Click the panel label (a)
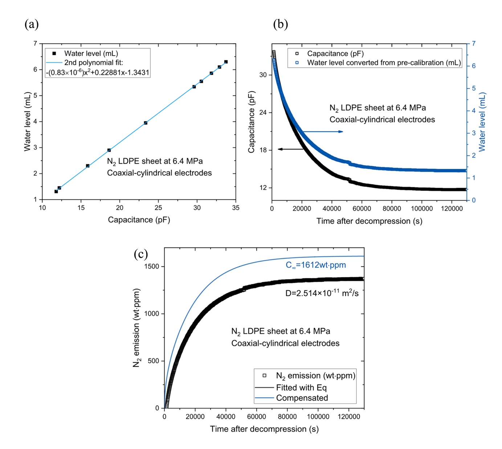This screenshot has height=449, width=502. tap(32, 24)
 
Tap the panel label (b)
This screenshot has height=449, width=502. tap(280, 24)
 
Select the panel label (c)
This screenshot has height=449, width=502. tap(141, 254)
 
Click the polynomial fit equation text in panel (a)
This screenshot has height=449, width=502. tap(98, 73)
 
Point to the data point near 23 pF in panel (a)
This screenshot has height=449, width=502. tap(146, 123)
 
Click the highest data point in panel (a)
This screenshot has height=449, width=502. tap(226, 62)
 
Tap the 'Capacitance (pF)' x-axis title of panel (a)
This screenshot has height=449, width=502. tap(139, 220)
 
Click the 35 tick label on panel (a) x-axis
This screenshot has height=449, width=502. tap(236, 208)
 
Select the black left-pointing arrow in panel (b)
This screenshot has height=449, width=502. tap(290, 149)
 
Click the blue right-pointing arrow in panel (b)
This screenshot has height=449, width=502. tap(323, 131)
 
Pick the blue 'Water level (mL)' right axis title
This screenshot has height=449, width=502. tap(482, 122)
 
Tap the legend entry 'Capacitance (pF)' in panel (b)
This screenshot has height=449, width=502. tap(335, 54)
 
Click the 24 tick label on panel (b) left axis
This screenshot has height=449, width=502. tap(263, 113)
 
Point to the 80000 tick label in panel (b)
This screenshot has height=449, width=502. tap(392, 209)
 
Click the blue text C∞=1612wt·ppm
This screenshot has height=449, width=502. tap(315, 265)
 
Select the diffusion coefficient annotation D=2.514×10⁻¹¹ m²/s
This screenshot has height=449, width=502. tap(322, 293)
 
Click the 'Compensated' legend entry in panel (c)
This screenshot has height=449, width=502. tap(302, 398)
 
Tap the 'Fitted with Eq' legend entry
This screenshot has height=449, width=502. tap(301, 388)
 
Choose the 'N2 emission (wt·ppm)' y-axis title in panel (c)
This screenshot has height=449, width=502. tap(136, 328)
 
